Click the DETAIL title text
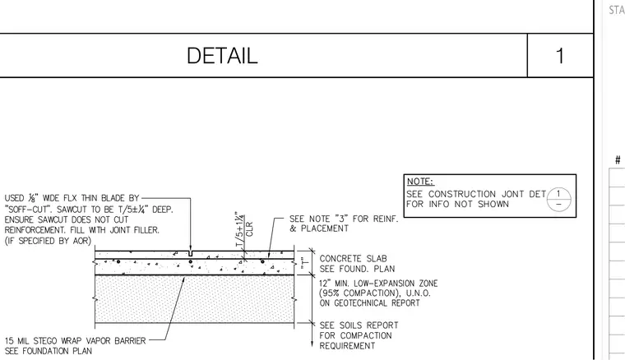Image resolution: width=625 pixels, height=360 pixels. tap(222, 56)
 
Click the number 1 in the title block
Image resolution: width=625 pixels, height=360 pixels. tap(560, 56)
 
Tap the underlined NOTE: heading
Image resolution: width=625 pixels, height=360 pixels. tap(419, 182)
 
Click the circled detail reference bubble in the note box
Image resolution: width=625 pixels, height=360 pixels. tap(558, 199)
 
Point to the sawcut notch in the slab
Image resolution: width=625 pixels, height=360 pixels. tap(191, 253)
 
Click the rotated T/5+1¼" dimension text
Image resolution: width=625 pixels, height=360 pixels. tap(239, 229)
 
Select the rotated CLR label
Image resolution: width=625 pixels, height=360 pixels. tap(249, 229)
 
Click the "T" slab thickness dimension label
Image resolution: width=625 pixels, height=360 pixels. tap(305, 262)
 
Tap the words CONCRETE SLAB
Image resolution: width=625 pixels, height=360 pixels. tap(353, 259)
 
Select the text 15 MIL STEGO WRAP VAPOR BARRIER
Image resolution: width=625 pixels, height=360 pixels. tap(76, 341)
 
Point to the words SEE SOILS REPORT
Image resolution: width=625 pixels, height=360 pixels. tap(359, 325)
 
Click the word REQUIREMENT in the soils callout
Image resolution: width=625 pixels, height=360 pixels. tap(347, 346)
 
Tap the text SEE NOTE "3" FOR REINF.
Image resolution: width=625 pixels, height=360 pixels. tap(344, 219)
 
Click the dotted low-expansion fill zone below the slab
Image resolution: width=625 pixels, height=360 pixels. tap(195, 298)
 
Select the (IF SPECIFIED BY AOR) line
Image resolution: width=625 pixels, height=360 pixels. tap(48, 241)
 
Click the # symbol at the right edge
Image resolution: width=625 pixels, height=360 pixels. tap(618, 160)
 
